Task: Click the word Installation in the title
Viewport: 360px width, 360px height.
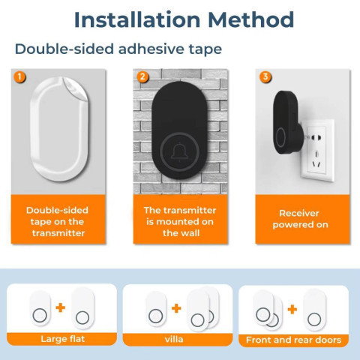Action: click(137, 19)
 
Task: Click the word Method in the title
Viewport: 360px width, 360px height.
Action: click(251, 19)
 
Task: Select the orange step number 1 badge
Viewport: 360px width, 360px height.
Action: click(19, 77)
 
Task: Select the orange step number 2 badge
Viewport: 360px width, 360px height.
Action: click(142, 77)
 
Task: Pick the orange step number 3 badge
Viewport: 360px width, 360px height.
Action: click(265, 77)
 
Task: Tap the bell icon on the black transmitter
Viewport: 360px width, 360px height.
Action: click(179, 152)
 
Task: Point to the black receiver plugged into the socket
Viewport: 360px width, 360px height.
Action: click(287, 122)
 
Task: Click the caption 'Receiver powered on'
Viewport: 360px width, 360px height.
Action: click(300, 219)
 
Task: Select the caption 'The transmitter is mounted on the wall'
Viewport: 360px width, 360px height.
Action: click(180, 222)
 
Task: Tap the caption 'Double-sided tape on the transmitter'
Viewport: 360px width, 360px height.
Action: click(58, 222)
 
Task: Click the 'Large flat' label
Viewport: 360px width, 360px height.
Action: click(63, 339)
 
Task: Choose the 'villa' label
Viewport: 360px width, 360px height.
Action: click(174, 339)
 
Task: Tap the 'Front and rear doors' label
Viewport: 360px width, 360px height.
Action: click(293, 340)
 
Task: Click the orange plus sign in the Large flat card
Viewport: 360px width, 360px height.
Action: click(61, 307)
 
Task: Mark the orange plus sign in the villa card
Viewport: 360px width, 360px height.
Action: click(176, 308)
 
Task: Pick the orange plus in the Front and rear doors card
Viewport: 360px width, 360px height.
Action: click(292, 310)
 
